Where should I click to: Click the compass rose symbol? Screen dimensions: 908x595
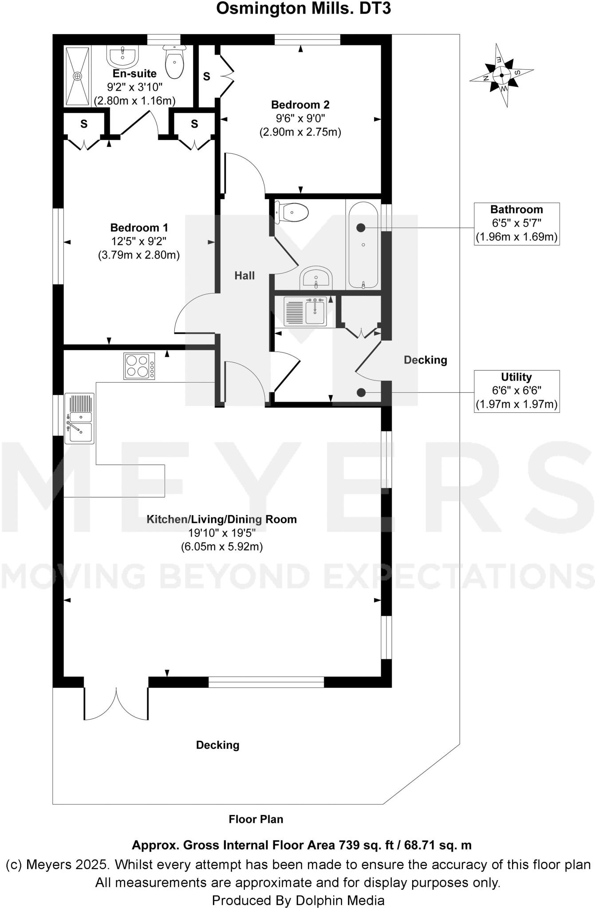[x=501, y=75]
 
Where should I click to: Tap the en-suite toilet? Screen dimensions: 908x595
[x=174, y=63]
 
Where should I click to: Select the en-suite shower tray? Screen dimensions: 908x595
[x=78, y=76]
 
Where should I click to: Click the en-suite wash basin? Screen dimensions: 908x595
[x=122, y=57]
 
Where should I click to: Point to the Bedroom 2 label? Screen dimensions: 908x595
[x=300, y=105]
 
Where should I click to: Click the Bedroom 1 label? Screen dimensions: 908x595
[x=139, y=228]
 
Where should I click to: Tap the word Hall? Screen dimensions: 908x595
[x=244, y=276]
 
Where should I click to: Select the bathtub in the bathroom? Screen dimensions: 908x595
[x=363, y=245]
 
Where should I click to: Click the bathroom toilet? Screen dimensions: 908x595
[x=293, y=212]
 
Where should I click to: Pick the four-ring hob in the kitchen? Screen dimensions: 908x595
[x=139, y=366]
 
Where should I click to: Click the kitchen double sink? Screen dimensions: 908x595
[x=79, y=418]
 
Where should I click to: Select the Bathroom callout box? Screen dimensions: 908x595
[x=516, y=223]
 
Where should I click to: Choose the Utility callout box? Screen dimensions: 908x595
[x=516, y=391]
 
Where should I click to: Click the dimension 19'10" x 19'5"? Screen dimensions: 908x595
[x=221, y=533]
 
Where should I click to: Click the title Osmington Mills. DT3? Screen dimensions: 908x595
[x=303, y=8]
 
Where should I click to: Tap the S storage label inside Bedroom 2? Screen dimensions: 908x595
[x=207, y=77]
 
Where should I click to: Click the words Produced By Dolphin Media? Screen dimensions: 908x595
[x=298, y=900]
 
